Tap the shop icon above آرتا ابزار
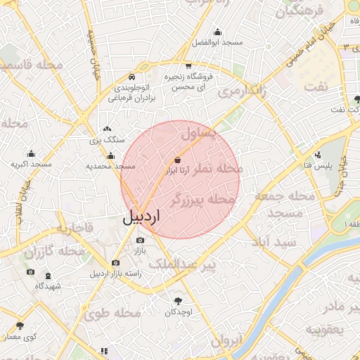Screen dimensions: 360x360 (x=176, y=160)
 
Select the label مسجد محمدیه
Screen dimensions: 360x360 (x=110, y=167)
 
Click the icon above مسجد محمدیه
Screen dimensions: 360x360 (x=110, y=156)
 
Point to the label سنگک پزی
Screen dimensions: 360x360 (x=105, y=140)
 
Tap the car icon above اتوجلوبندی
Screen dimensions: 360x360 (x=131, y=77)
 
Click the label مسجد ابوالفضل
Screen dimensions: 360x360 (x=217, y=42)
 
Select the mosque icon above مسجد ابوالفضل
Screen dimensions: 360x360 (x=217, y=32)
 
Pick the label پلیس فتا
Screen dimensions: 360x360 (x=318, y=165)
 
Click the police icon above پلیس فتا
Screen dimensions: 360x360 (x=318, y=154)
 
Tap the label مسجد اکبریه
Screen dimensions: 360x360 (x=31, y=164)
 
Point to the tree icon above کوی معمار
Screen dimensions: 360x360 (x=20, y=326)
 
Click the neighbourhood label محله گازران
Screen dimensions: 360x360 (x=53, y=252)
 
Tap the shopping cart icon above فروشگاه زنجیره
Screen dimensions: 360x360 (x=188, y=65)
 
